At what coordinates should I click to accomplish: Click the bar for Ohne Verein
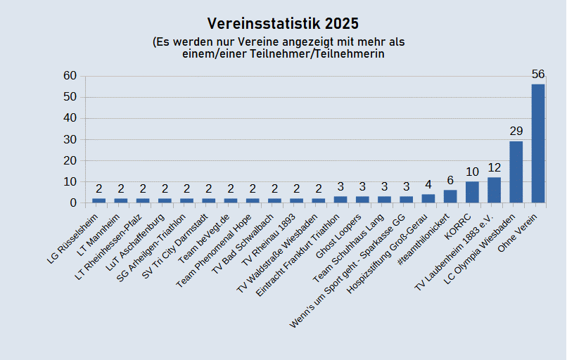point(538,143)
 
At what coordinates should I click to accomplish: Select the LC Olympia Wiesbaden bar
point(516,172)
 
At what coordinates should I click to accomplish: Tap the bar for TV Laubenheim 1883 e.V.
point(494,190)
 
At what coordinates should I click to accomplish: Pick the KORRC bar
point(472,192)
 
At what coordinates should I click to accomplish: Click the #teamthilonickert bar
point(450,196)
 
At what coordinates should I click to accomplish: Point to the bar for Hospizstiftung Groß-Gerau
point(428,198)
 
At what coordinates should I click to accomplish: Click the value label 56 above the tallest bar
point(538,75)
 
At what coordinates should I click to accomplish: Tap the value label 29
point(516,131)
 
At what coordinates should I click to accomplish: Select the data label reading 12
point(494,167)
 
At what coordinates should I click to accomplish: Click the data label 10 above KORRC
point(472,172)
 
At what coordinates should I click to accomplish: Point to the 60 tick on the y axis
point(70,76)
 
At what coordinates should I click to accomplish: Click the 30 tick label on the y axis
point(70,139)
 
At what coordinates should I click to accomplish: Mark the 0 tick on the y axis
point(73,202)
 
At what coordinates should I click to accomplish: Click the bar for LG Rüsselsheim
point(99,200)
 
